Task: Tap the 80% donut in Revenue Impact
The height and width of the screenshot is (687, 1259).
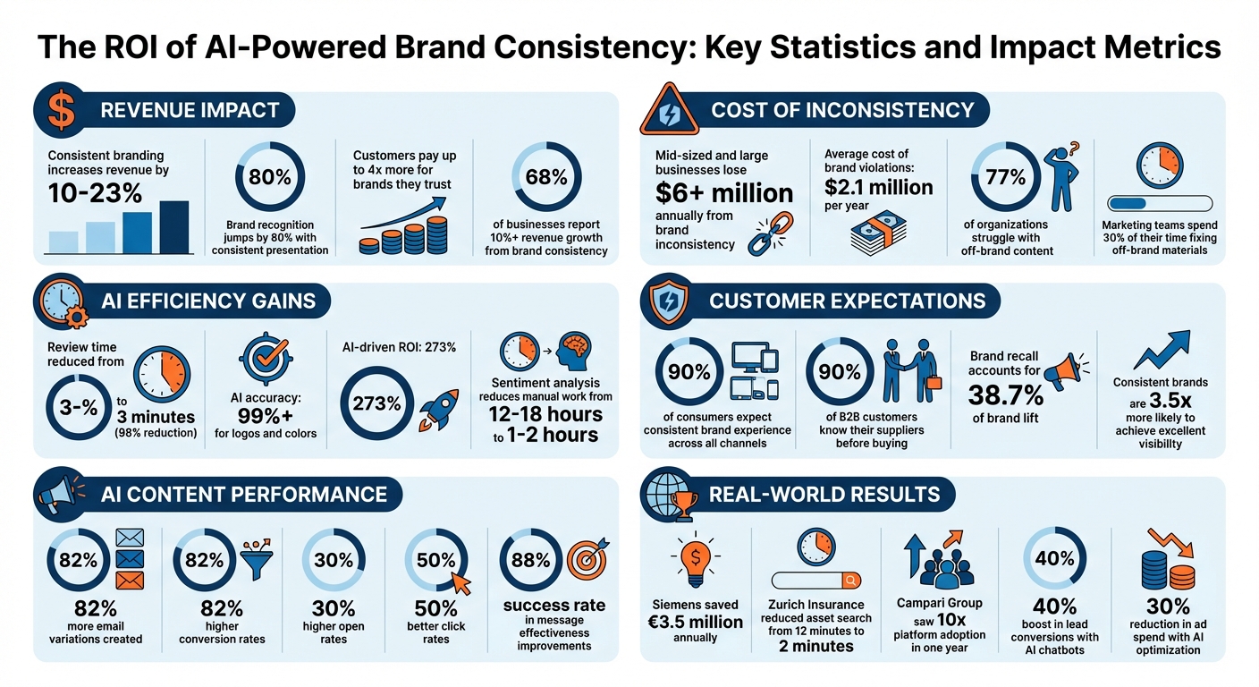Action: pyautogui.click(x=270, y=176)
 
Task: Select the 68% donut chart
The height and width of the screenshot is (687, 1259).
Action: pyautogui.click(x=546, y=176)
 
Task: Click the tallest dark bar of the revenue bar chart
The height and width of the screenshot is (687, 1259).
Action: pyautogui.click(x=174, y=228)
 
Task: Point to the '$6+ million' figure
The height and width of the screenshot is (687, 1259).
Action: pyautogui.click(x=724, y=192)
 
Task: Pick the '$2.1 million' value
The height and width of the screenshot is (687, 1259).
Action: pyautogui.click(x=879, y=187)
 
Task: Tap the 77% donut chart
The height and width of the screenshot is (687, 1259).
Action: pyautogui.click(x=1005, y=176)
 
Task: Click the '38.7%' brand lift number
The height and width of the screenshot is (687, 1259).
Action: pyautogui.click(x=1007, y=394)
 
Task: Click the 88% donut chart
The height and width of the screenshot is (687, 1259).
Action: pyautogui.click(x=531, y=561)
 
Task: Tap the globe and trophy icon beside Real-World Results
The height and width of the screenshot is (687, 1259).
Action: pyautogui.click(x=671, y=495)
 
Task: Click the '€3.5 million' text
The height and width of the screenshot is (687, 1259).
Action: pyautogui.click(x=697, y=622)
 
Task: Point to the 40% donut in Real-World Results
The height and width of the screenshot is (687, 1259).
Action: pyautogui.click(x=1055, y=559)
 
